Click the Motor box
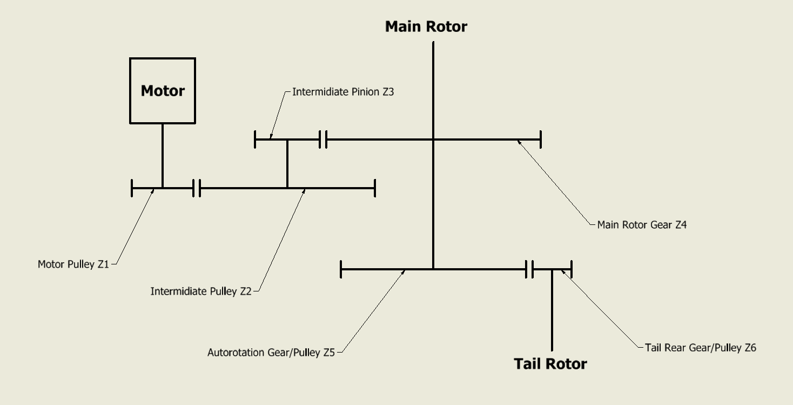pos(163,91)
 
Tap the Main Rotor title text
pos(426,26)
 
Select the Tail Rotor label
pos(550,364)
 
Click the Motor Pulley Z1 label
pos(73,264)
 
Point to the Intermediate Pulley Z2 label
pos(201,291)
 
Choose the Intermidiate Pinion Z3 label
pos(343,92)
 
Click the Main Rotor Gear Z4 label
pos(642,225)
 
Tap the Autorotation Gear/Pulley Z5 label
pos(271,353)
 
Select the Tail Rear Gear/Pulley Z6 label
pos(701,348)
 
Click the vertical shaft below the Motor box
pos(163,156)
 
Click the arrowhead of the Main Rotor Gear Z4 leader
pos(519,141)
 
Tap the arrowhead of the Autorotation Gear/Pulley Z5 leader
pos(404,271)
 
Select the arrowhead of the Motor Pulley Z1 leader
pos(154,190)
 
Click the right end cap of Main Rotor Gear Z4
pos(541,140)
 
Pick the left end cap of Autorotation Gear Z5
pos(341,269)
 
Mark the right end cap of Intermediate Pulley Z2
pos(375,188)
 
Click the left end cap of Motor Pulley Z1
pos(132,188)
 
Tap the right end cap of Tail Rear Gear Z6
pos(572,269)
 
